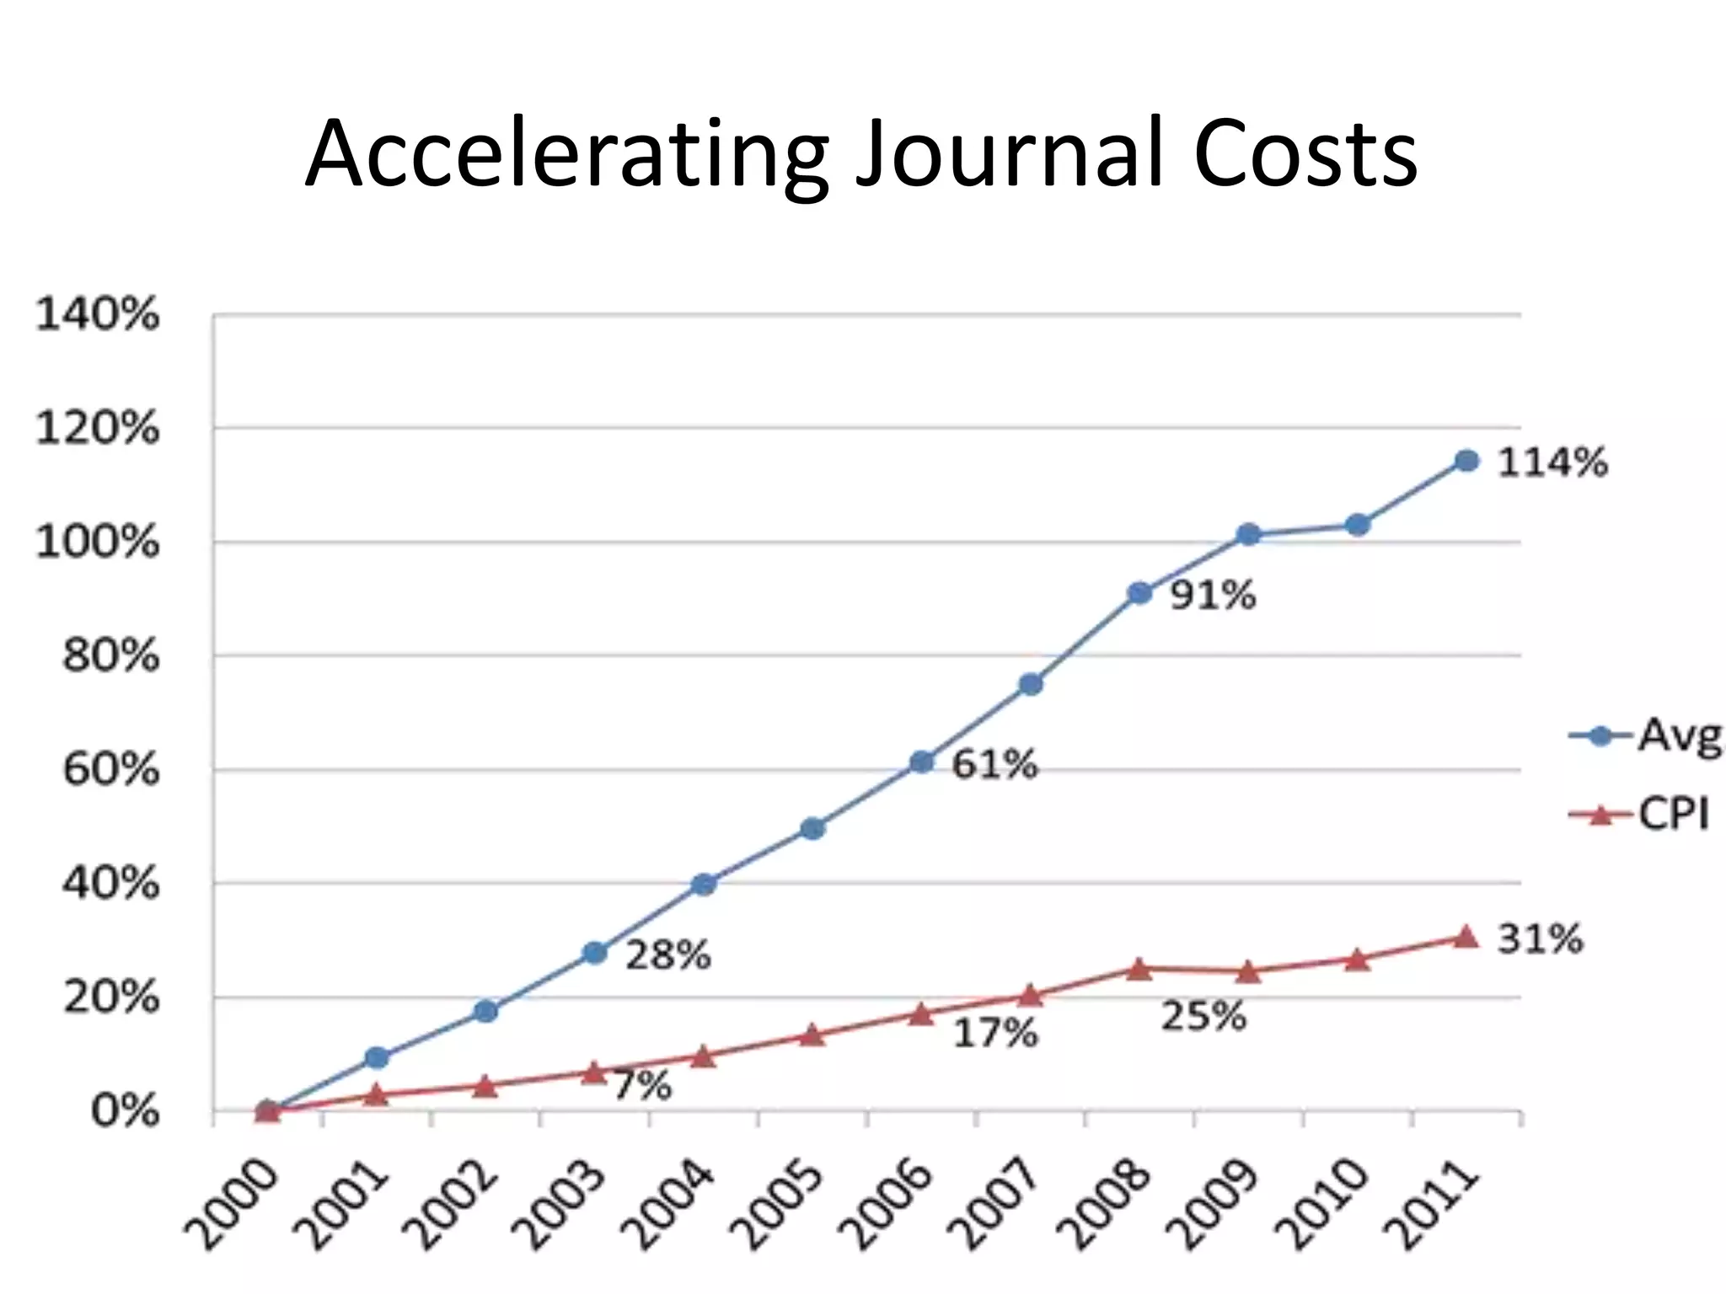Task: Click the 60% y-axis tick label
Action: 110,770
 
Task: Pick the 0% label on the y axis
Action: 125,1112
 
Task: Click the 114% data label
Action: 1552,463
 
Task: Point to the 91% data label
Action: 1213,596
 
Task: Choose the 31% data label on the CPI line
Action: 1540,938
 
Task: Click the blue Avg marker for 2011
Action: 1466,461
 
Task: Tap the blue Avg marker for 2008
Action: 1139,593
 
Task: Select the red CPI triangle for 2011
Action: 1466,937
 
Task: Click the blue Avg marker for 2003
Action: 594,953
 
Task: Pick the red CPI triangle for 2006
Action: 921,1014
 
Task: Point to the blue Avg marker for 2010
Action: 1358,525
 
